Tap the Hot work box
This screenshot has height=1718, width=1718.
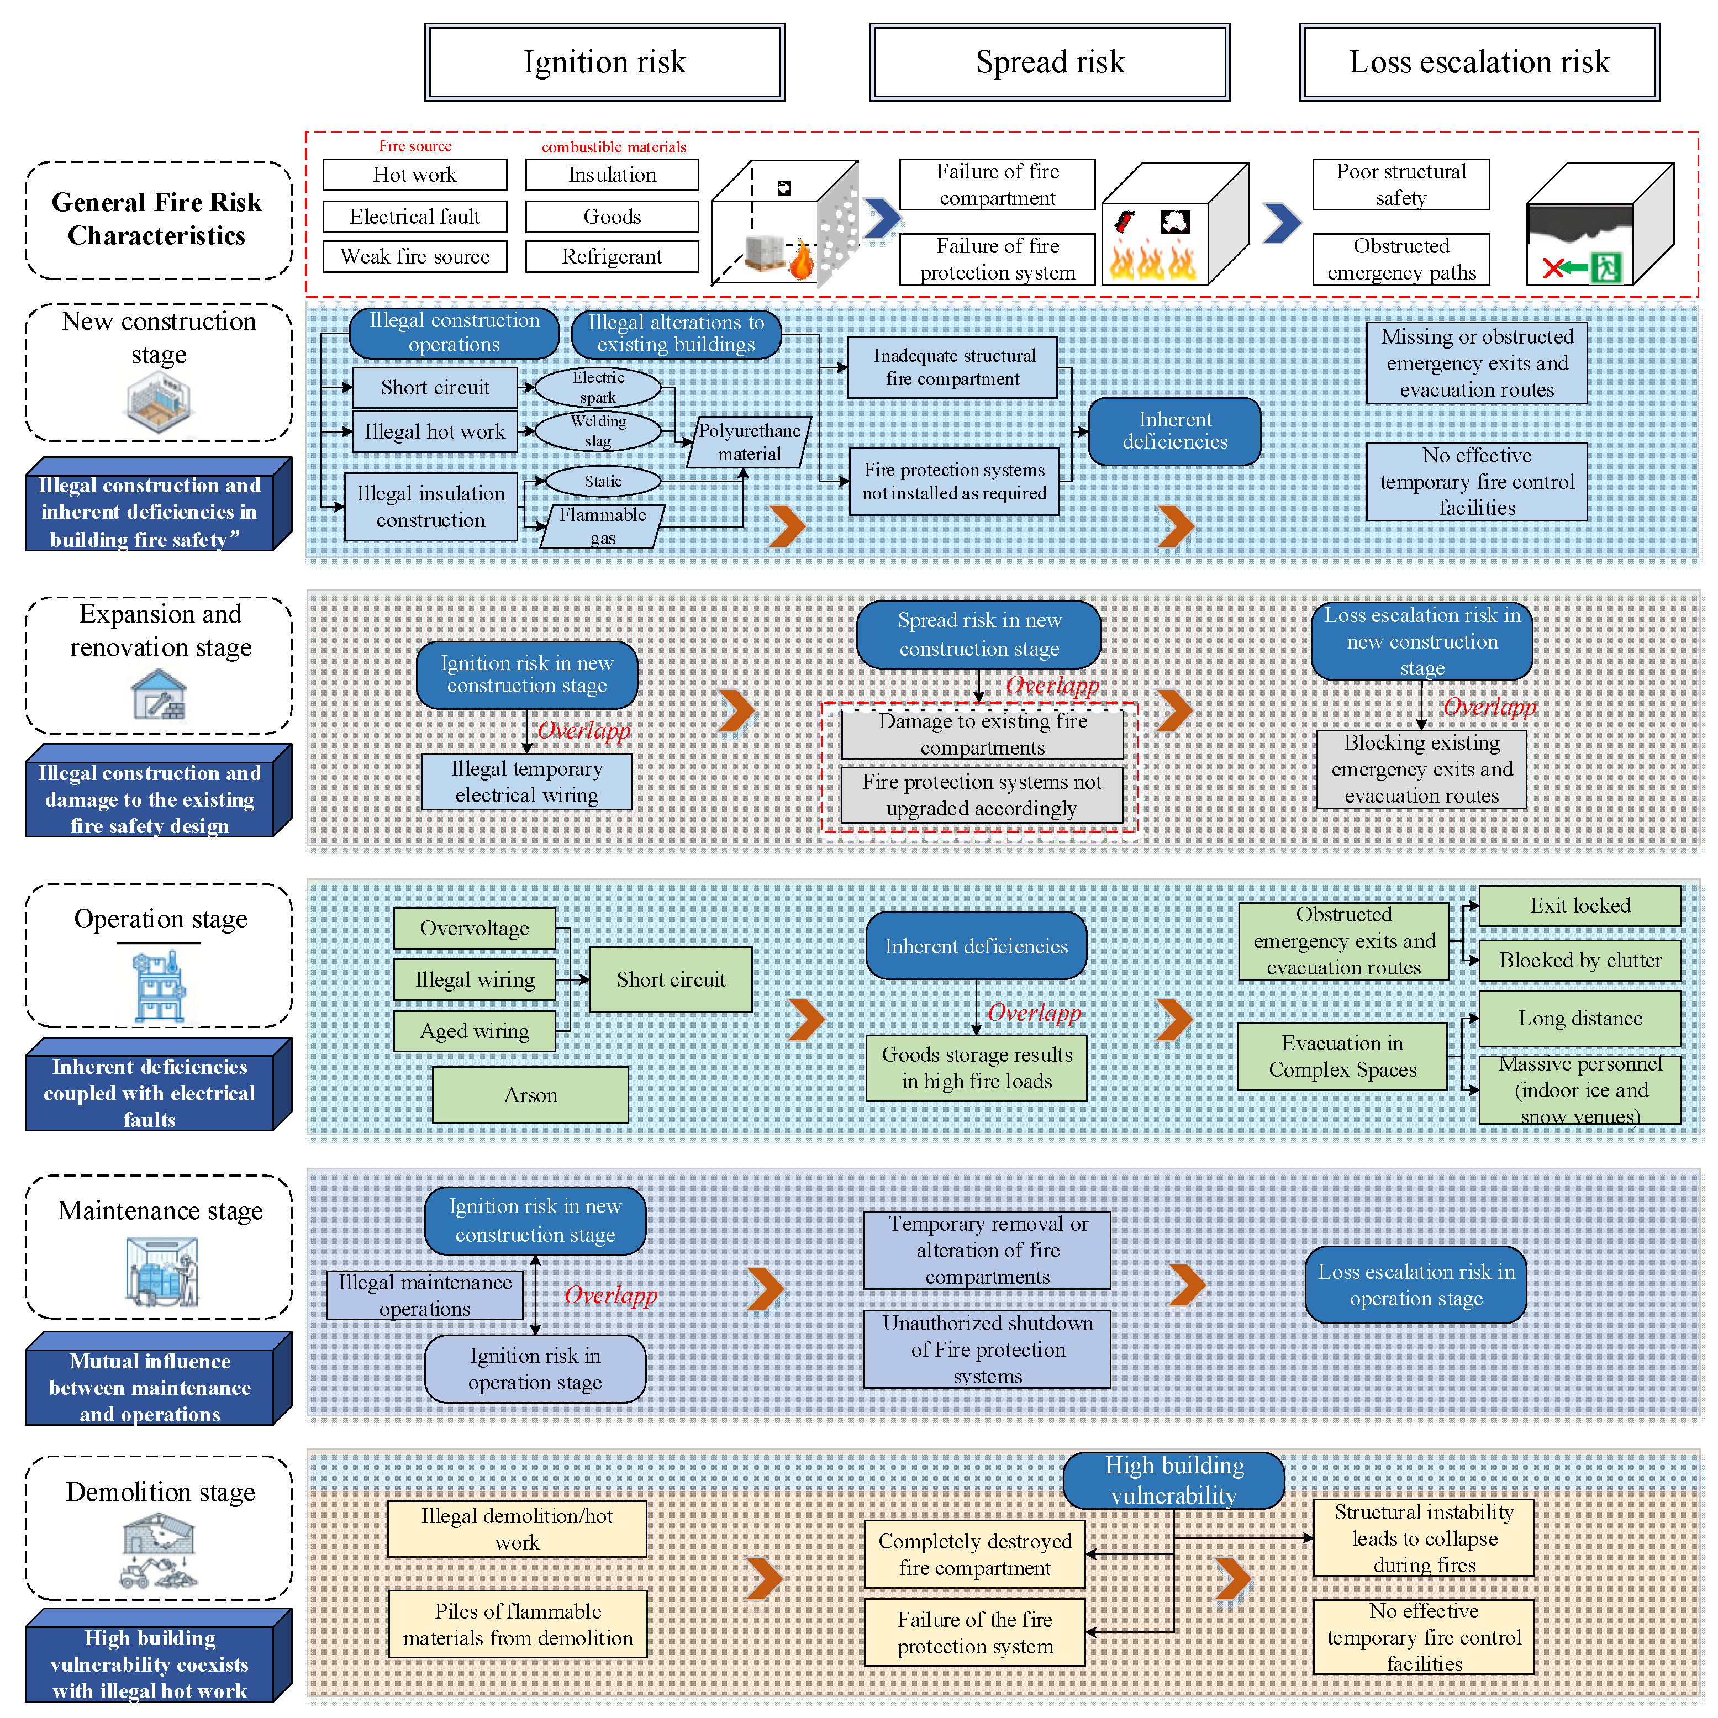click(414, 175)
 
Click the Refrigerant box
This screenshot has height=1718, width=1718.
click(612, 257)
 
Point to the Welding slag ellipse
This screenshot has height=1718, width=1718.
click(598, 431)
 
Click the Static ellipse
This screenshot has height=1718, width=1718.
click(602, 481)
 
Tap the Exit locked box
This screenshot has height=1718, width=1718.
click(1579, 906)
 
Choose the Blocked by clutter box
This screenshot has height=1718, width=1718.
click(1579, 961)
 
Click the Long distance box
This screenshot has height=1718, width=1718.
click(1579, 1018)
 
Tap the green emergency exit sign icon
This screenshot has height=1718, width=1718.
click(1605, 267)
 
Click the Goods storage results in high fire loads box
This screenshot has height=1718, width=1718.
click(976, 1068)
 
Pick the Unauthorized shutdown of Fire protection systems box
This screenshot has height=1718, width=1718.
click(987, 1349)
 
